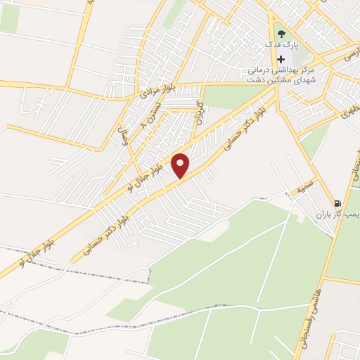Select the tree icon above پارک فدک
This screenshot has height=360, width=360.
pos(281,32)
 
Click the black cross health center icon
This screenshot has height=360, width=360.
pos(281,60)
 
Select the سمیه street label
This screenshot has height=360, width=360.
pos(303,188)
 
